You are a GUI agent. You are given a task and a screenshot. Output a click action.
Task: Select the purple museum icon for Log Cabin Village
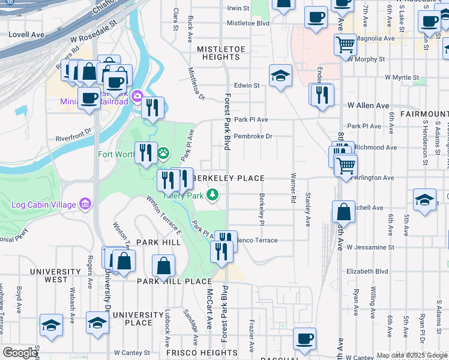(85, 205)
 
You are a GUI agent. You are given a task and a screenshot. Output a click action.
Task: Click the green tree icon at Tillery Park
(212, 194)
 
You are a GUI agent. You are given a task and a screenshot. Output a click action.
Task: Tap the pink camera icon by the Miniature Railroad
(137, 96)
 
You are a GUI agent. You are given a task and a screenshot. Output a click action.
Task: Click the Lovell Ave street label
(27, 35)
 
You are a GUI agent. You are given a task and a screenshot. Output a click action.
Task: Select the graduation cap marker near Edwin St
(280, 76)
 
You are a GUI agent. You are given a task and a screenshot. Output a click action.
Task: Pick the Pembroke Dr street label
(253, 136)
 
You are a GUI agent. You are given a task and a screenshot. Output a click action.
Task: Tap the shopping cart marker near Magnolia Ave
(345, 44)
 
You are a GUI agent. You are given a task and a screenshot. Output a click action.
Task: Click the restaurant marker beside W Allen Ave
(322, 93)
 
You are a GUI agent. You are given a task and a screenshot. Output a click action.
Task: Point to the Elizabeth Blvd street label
(368, 271)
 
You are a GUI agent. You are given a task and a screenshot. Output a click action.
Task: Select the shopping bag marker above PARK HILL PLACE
(163, 265)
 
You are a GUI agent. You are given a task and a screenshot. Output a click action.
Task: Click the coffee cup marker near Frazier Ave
(305, 338)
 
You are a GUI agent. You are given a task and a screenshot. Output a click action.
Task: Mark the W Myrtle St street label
(402, 78)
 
